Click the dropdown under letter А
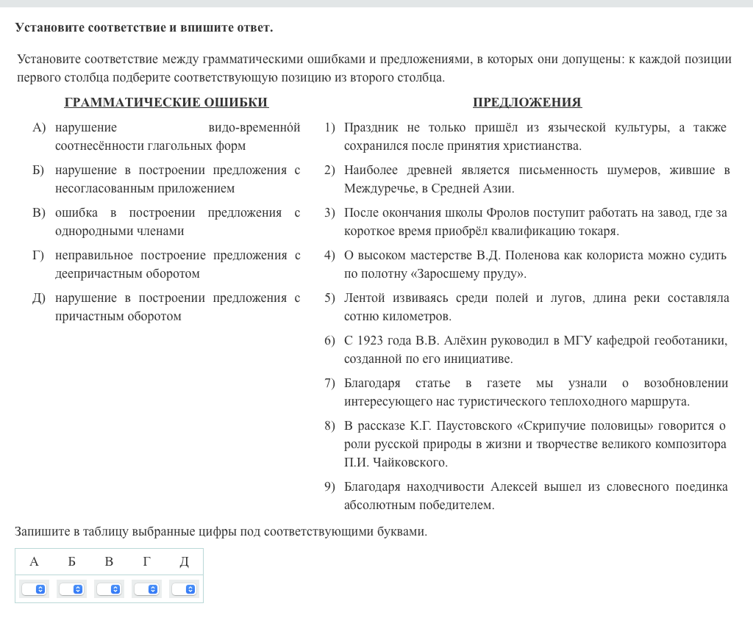34,589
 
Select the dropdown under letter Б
71,589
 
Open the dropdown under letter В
109,589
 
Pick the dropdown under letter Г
146,589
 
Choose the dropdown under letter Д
184,589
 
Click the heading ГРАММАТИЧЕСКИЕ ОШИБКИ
166,102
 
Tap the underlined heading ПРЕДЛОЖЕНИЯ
527,102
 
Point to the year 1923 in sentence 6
372,341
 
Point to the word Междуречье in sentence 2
379,189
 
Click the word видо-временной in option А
254,128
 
